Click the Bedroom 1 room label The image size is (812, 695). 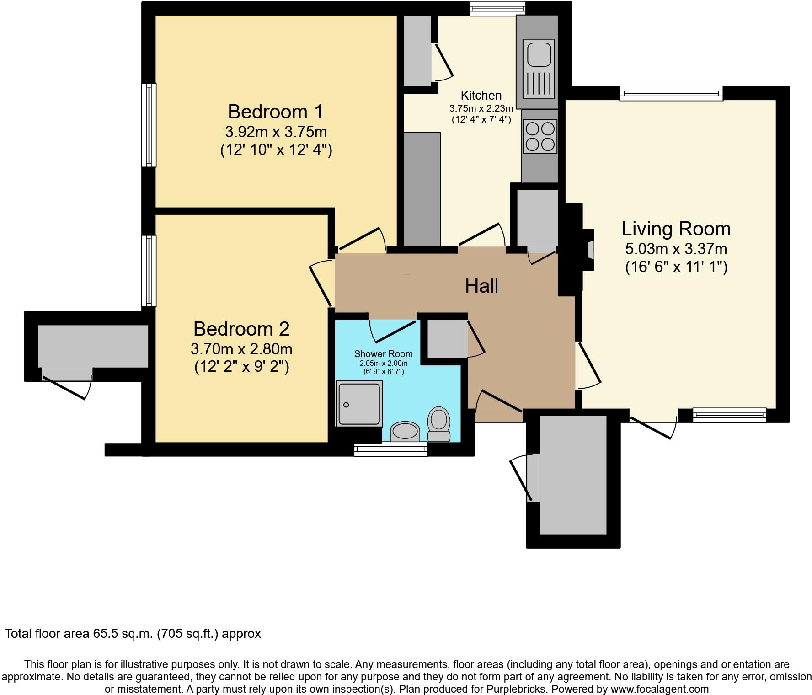[x=275, y=112]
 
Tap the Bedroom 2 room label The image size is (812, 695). [x=241, y=329]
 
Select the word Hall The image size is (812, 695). [x=481, y=286]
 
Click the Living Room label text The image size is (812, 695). [x=676, y=229]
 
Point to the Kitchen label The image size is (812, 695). [x=481, y=95]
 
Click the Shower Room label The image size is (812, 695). [x=383, y=353]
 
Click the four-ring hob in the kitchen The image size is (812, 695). [x=540, y=136]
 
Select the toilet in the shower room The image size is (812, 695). [x=439, y=423]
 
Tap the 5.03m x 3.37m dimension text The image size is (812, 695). [x=676, y=249]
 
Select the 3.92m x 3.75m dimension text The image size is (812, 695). [x=276, y=132]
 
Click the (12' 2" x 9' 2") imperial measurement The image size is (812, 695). [x=241, y=367]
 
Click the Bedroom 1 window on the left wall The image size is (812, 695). [x=149, y=125]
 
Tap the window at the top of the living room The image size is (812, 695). [x=671, y=93]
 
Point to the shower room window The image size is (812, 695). [x=390, y=449]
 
